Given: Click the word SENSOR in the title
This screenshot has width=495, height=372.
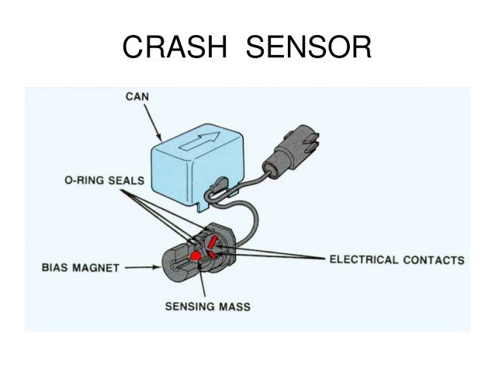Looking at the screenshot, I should (x=309, y=49).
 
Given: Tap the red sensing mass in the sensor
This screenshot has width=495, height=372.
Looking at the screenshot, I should (x=197, y=254).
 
